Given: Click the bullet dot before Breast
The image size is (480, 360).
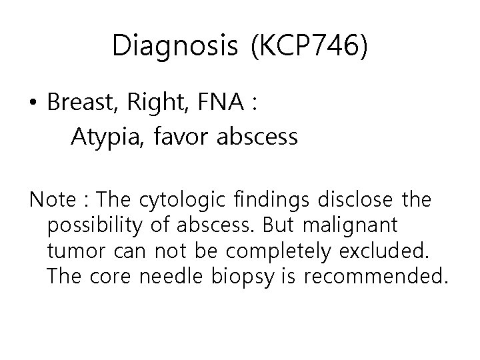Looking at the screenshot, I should pyautogui.click(x=33, y=104).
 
